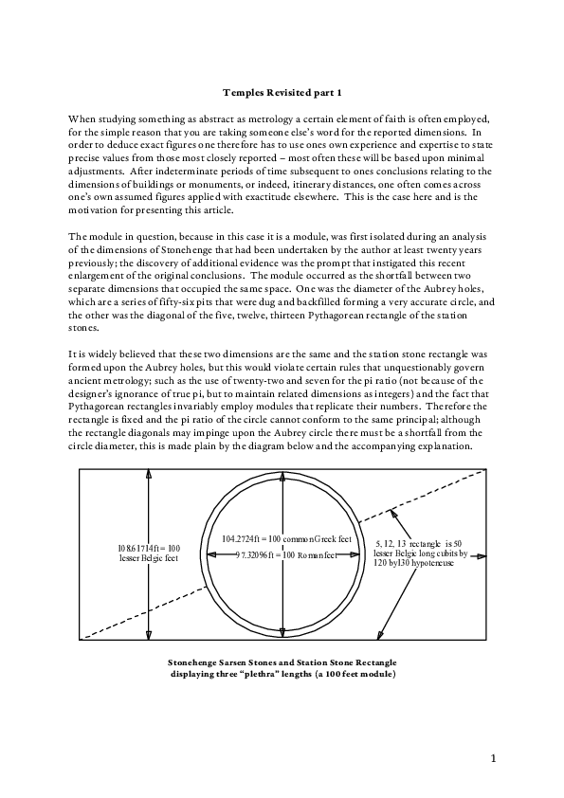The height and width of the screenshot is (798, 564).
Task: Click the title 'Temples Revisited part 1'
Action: tap(282, 92)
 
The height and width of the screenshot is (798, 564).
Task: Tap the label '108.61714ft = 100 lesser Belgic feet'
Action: tap(148, 553)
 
